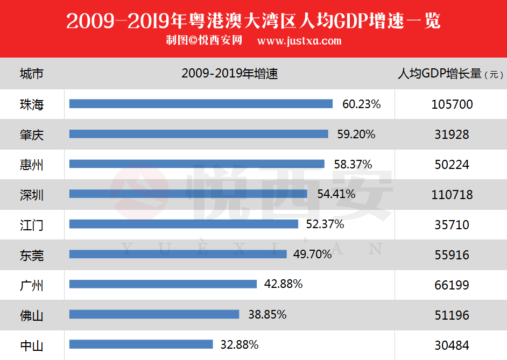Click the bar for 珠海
point(201,104)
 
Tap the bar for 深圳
point(188,194)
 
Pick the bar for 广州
point(163,284)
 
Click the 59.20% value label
point(356,134)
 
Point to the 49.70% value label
point(313,254)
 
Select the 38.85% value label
point(267,314)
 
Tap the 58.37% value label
point(353,164)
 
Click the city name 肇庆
point(31,135)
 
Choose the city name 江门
point(31,225)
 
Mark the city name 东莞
point(31,255)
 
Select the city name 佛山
point(31,315)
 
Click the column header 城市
point(31,74)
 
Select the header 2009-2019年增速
point(230,74)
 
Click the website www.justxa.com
point(299,41)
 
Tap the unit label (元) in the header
point(494,75)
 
